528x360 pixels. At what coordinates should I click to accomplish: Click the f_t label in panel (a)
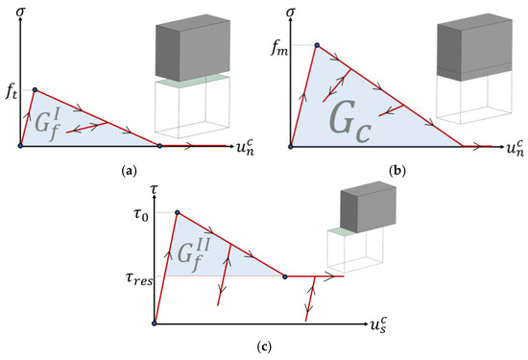[10, 94]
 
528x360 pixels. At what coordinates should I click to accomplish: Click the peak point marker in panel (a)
[35, 90]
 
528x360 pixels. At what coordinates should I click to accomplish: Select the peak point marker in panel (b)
[315, 46]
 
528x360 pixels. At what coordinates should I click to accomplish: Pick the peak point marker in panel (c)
[176, 213]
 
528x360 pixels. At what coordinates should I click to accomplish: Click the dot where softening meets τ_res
[284, 276]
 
